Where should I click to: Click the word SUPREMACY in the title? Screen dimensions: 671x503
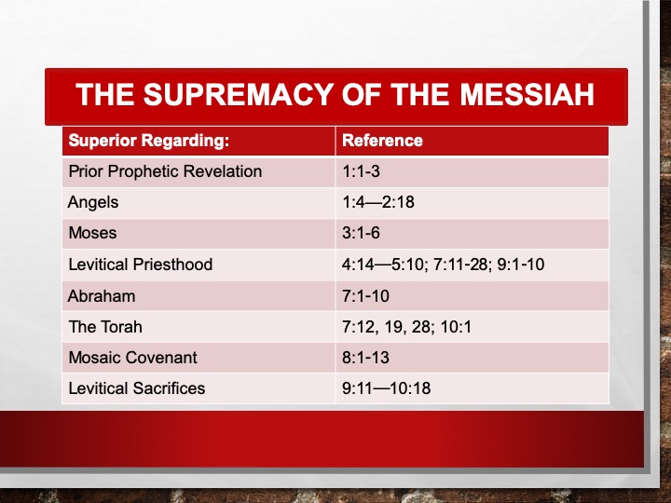(x=238, y=94)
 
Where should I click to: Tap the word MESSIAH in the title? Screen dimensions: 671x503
(x=527, y=94)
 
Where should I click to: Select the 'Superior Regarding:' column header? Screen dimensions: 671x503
(x=149, y=141)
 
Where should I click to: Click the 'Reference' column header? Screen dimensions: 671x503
(x=383, y=141)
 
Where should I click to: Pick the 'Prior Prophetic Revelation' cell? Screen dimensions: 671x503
(x=165, y=171)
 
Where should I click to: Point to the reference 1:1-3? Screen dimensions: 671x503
(x=362, y=171)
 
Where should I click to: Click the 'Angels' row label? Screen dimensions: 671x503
(x=93, y=203)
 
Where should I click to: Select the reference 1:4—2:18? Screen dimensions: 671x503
(x=378, y=202)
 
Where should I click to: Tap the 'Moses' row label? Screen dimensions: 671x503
(x=92, y=233)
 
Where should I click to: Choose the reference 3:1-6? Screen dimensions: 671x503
(x=362, y=233)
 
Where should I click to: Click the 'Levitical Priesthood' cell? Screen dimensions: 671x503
(x=141, y=265)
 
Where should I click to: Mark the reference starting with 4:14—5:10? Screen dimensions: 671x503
(x=444, y=265)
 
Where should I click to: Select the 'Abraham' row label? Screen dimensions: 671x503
(x=102, y=296)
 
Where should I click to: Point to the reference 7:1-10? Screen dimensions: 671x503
(x=366, y=296)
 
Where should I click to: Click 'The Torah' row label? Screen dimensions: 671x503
(x=105, y=327)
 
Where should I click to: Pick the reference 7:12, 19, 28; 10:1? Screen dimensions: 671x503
(x=407, y=327)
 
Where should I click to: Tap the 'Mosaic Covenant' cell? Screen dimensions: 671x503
(x=132, y=358)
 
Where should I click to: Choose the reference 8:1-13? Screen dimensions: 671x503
(x=366, y=358)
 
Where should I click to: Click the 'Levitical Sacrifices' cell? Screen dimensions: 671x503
(x=137, y=388)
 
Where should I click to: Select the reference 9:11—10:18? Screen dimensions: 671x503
(x=387, y=388)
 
